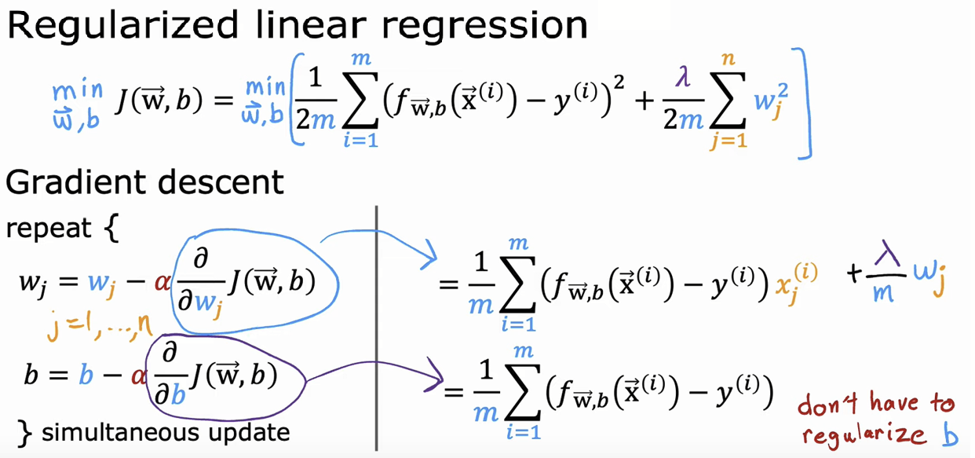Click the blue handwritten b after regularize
coord(950,434)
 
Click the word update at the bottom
coord(253,432)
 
